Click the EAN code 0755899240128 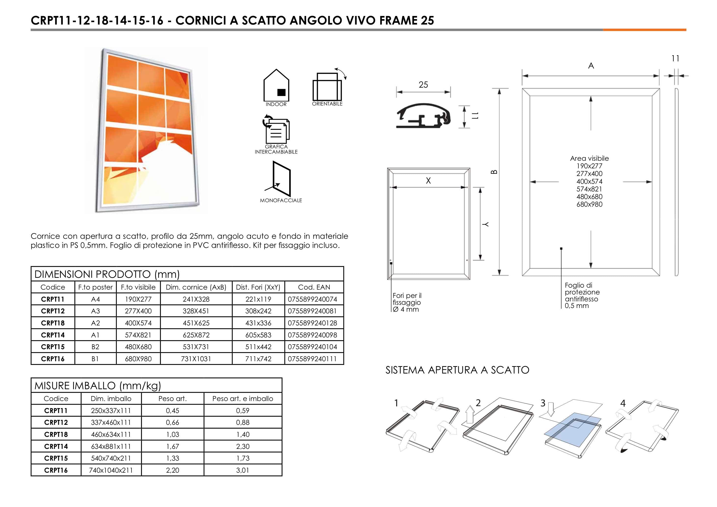312,323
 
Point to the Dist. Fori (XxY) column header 258,287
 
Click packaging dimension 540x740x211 111,458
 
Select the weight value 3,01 243,470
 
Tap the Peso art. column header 172,399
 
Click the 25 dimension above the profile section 423,85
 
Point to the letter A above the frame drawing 591,66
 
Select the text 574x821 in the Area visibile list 589,189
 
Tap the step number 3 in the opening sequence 543,403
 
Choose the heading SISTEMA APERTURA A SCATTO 457,370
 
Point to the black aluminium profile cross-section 423,116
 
